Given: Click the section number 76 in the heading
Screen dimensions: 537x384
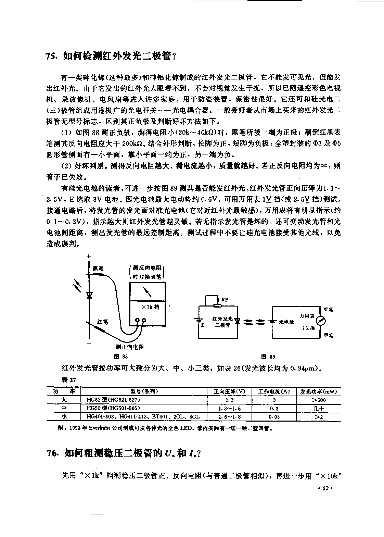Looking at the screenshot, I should pos(52,453).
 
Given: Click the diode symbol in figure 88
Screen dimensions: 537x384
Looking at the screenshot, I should pos(89,294).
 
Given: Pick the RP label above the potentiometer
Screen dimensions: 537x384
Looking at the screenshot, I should pos(225,300).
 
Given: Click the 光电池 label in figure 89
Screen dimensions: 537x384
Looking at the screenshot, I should pos(286,322).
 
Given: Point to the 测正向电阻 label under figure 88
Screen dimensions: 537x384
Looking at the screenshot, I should pos(130,347).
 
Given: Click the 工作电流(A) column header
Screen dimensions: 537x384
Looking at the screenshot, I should pos(274,391).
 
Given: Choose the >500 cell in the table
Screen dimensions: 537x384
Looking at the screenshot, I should pos(319,400).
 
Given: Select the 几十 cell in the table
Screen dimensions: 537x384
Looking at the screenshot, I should pos(319,408).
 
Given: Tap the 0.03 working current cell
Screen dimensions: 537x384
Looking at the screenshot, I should pos(274,417).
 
